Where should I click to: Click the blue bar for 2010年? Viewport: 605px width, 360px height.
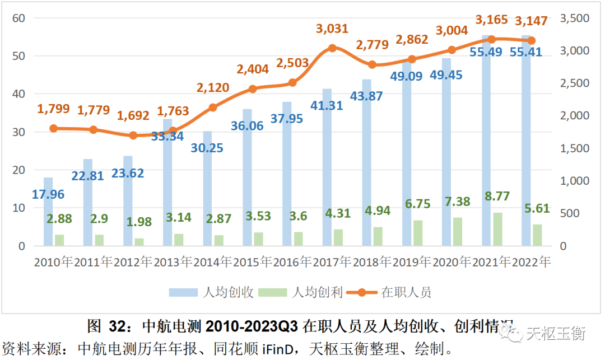click(48, 212)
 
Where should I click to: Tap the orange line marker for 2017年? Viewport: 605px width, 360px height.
click(332, 48)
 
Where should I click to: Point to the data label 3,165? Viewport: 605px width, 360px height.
click(491, 21)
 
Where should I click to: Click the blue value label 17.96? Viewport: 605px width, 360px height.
click(48, 195)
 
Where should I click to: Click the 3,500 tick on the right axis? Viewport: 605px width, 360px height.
click(574, 18)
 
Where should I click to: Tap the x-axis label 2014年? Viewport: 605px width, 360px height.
click(213, 262)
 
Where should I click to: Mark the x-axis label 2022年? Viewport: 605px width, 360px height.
click(531, 262)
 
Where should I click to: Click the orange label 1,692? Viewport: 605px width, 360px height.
click(133, 116)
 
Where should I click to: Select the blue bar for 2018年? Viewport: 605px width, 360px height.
click(367, 162)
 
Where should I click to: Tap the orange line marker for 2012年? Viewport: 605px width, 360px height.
click(133, 135)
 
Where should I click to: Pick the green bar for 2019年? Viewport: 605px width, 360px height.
click(418, 233)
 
